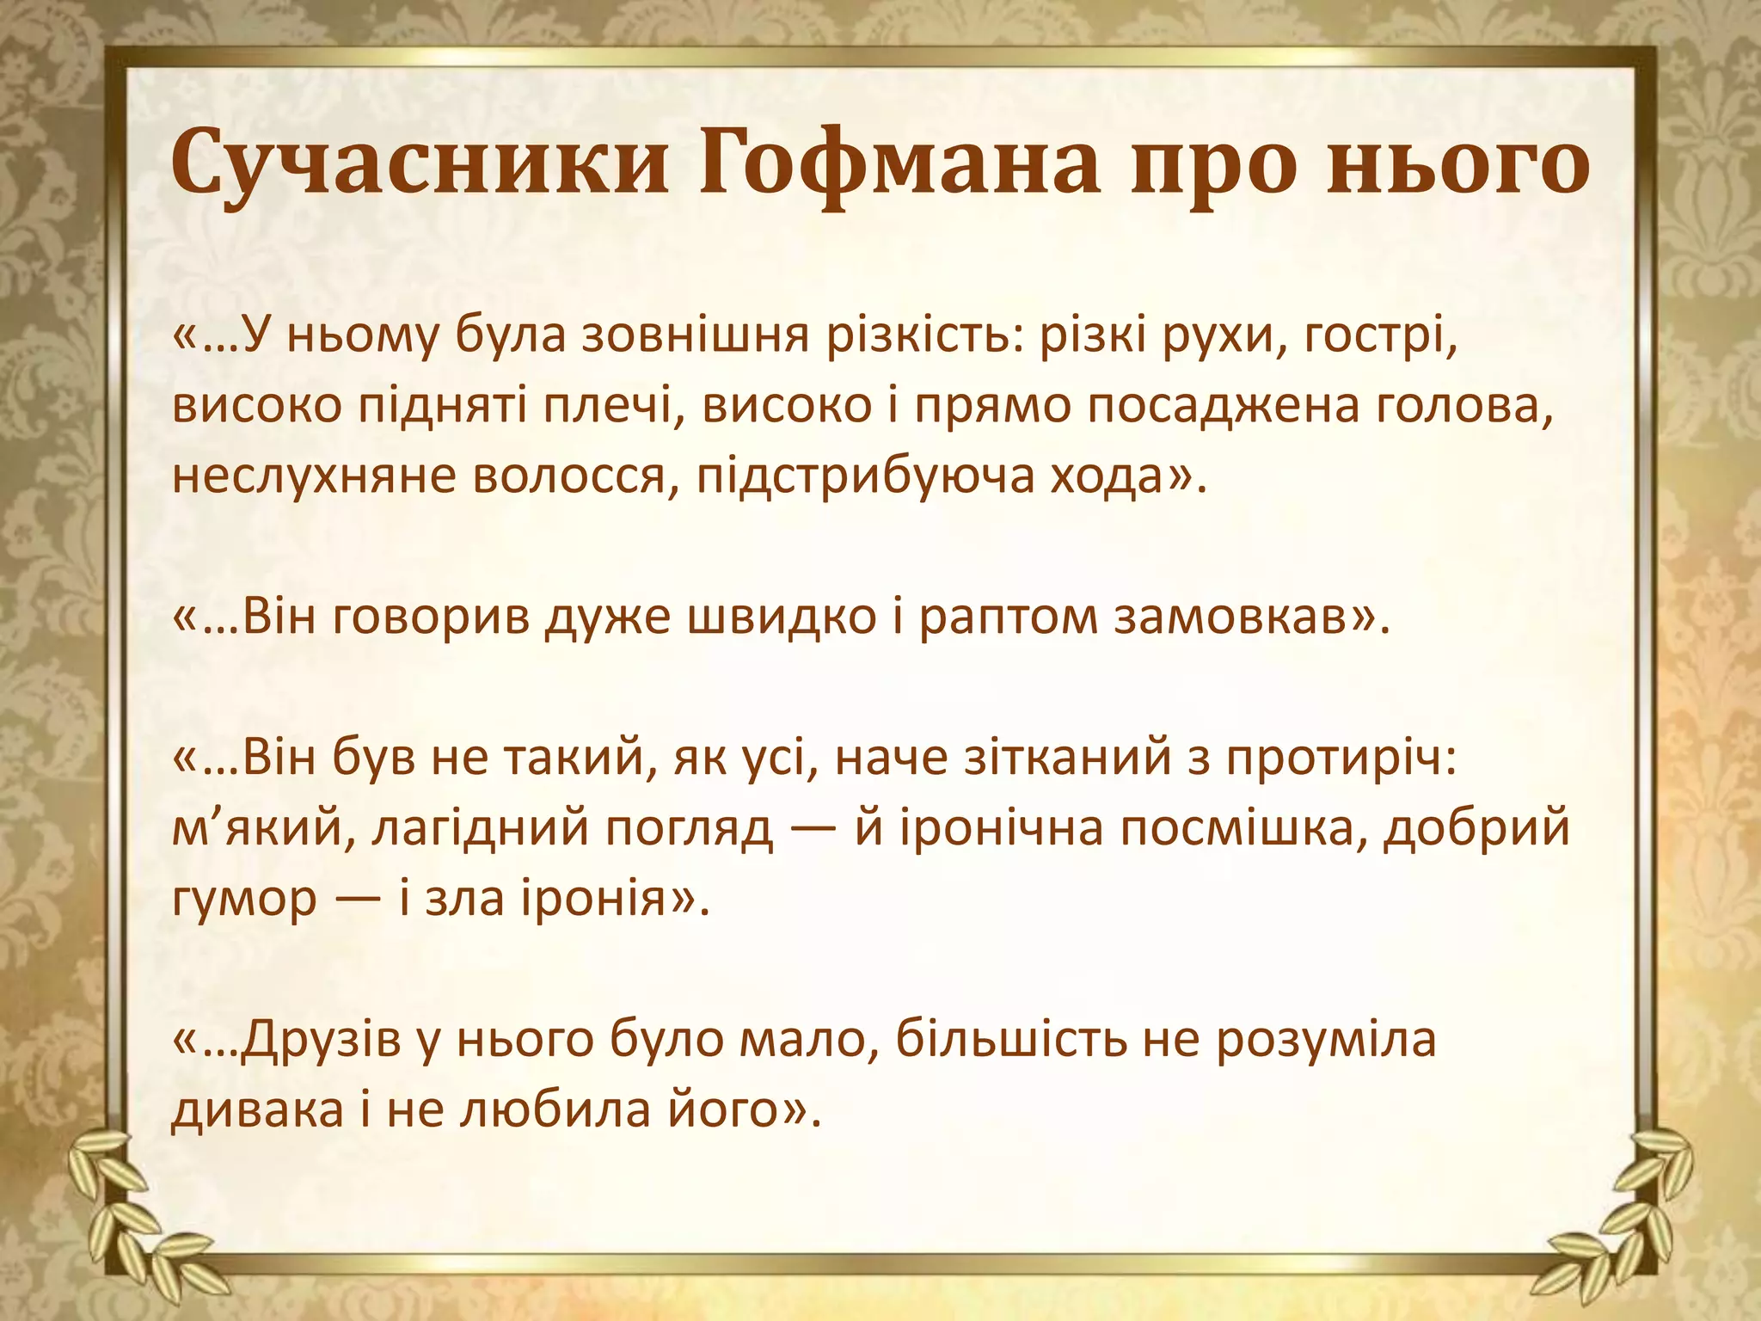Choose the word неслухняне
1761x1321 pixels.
pyautogui.click(x=315, y=476)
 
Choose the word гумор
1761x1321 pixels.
pyautogui.click(x=244, y=900)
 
